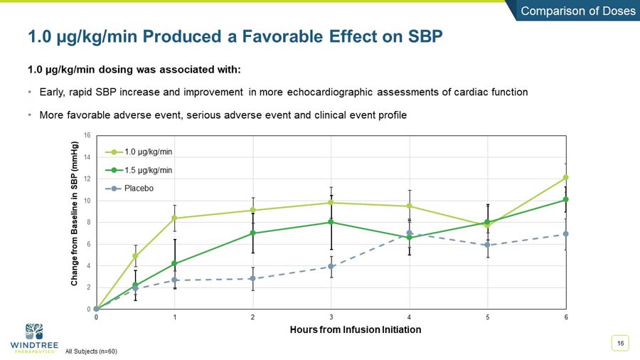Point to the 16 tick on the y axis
pos(87,135)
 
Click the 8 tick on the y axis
pos(87,222)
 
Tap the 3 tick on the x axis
pos(331,317)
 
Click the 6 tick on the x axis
pos(566,317)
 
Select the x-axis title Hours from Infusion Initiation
pos(356,329)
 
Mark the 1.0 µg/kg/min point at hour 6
pos(566,177)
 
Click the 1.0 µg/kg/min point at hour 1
pos(175,218)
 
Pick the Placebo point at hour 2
pos(252,278)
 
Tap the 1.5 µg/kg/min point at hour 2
pos(252,233)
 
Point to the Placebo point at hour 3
pos(331,267)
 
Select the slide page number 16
pos(621,344)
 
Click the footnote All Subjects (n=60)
pos(91,351)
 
